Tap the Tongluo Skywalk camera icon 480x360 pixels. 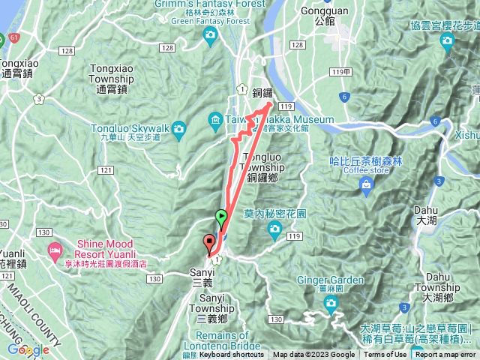pos(179,130)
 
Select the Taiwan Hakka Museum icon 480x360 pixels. pos(215,120)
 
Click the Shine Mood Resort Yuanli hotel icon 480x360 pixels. pos(54,249)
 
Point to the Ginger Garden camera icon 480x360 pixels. pos(331,302)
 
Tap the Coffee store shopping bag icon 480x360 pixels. pos(366,184)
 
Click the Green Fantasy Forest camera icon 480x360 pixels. pos(212,34)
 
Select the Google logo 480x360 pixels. pos(28,349)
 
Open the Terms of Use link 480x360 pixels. pos(385,355)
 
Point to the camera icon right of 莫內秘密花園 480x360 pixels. pos(275,227)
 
